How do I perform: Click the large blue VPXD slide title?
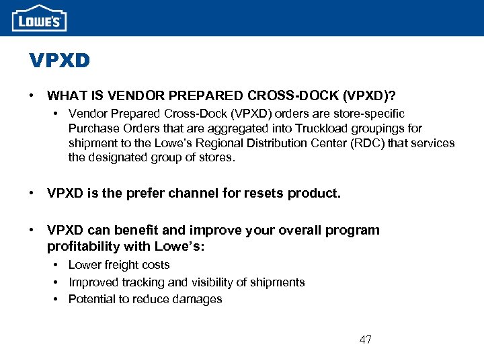click(x=59, y=61)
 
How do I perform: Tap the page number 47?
click(x=365, y=339)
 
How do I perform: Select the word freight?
click(x=118, y=265)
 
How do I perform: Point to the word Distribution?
click(x=276, y=143)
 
